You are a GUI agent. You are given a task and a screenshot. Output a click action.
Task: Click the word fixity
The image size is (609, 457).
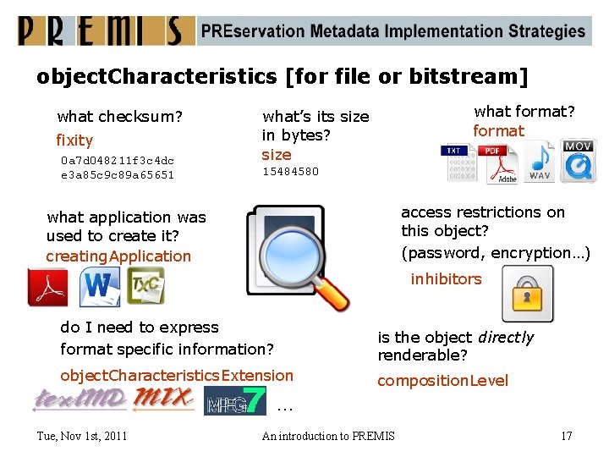tap(74, 140)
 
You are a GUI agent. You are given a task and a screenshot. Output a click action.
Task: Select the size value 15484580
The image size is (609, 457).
tap(290, 172)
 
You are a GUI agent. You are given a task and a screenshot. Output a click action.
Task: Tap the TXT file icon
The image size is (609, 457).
tap(458, 162)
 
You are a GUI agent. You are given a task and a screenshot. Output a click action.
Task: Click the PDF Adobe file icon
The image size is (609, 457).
tap(499, 162)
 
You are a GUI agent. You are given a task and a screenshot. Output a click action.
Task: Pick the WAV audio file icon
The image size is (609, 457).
tap(539, 161)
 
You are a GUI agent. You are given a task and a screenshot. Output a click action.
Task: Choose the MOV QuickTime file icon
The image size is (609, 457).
tap(578, 161)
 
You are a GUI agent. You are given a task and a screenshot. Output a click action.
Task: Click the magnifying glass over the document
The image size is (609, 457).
tap(300, 258)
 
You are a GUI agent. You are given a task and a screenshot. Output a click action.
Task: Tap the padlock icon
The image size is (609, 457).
tap(527, 293)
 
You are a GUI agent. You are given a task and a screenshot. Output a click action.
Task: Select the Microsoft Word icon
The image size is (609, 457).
tap(99, 287)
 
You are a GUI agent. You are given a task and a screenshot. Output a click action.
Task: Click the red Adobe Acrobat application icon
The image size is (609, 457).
tap(47, 287)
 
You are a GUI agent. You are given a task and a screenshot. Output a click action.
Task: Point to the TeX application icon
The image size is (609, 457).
tap(145, 286)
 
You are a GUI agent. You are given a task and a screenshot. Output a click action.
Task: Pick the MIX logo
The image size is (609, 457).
tap(164, 398)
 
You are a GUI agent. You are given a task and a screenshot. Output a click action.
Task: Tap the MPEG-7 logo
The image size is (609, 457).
tap(235, 399)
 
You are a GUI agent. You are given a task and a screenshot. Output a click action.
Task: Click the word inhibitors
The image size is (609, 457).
tap(446, 279)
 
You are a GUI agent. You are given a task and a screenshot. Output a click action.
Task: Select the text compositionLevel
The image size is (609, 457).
tap(442, 381)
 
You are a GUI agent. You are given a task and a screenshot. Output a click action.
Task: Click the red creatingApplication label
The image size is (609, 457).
tap(118, 256)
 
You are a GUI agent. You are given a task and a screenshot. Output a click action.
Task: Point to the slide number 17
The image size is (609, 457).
tap(566, 436)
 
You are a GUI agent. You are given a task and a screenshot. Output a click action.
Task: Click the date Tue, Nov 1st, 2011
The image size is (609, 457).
tap(82, 436)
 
